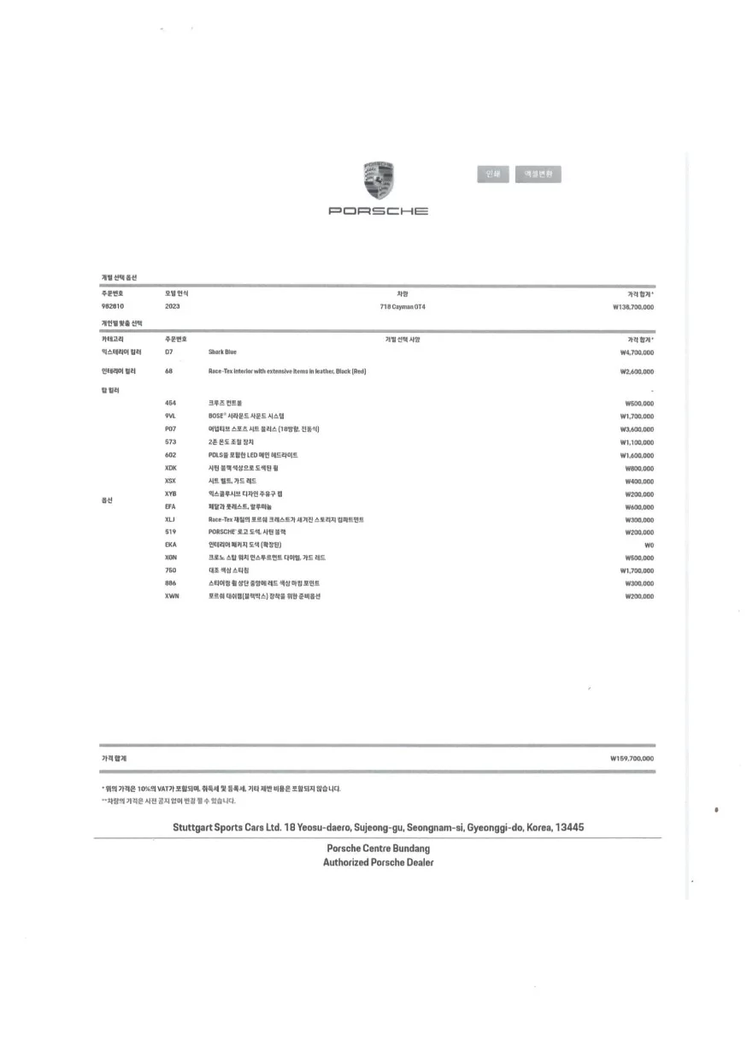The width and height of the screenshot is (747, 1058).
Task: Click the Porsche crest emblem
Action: pos(377,180)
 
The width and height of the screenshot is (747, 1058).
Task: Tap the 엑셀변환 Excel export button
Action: pos(538,174)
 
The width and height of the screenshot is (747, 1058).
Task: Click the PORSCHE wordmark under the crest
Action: pos(379,211)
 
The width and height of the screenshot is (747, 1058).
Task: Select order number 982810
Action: pos(113,306)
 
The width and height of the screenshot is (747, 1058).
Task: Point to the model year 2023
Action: pos(173,306)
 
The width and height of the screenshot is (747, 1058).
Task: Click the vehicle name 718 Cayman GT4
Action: pos(402,306)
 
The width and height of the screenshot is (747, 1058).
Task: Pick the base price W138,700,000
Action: pos(633,306)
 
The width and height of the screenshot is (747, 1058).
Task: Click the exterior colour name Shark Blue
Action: pos(223,352)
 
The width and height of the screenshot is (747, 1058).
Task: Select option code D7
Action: pos(168,352)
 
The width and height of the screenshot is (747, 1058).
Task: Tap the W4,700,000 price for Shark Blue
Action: pos(637,352)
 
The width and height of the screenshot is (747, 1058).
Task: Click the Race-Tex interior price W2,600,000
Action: pos(637,372)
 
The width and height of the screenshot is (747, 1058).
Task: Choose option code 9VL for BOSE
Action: pos(170,416)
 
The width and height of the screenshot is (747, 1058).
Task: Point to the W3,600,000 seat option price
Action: pos(637,429)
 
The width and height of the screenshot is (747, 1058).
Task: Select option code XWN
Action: pos(171,596)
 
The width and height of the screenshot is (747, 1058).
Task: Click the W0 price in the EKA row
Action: pos(649,545)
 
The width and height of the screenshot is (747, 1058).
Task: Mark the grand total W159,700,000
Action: pos(632,758)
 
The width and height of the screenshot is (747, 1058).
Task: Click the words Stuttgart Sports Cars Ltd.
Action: pos(227,828)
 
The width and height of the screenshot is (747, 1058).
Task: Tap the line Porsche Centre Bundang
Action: pos(378,848)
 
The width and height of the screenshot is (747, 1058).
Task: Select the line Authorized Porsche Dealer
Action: pos(378,862)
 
